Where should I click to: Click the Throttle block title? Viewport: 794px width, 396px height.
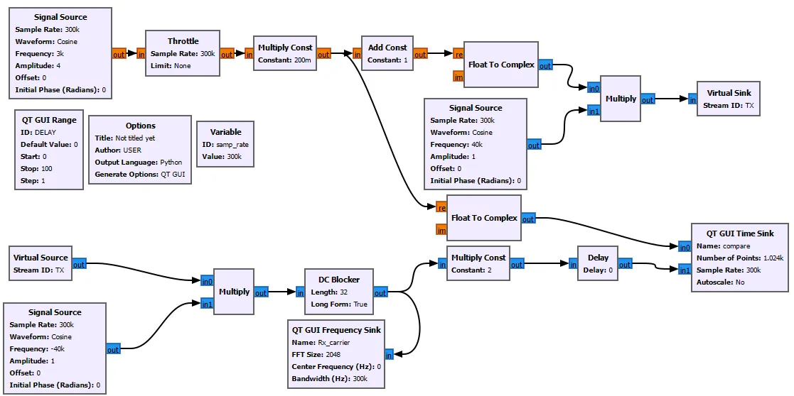click(183, 41)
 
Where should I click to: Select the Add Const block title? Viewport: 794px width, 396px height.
click(387, 48)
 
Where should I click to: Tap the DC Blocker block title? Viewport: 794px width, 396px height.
click(339, 279)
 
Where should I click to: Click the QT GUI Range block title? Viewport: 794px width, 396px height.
click(49, 120)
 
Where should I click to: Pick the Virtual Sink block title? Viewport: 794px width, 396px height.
click(729, 93)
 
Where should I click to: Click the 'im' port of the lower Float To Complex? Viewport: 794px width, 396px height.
click(441, 230)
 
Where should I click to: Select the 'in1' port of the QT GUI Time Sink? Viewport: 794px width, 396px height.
click(685, 270)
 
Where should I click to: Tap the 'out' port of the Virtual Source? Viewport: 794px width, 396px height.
click(79, 265)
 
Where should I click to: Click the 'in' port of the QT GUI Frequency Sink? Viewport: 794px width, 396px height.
click(390, 354)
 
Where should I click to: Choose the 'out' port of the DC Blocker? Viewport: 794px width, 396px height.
click(380, 292)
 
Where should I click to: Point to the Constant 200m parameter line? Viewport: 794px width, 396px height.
click(284, 60)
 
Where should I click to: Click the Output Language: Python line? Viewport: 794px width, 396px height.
click(139, 162)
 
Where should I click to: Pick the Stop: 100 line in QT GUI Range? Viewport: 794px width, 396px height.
click(37, 168)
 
